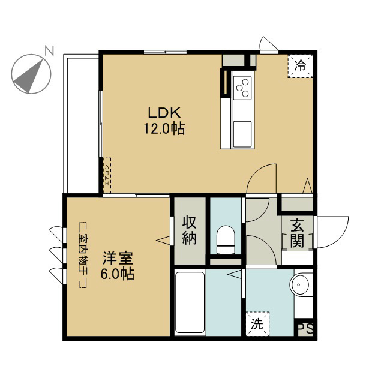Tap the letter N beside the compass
pyautogui.click(x=50, y=50)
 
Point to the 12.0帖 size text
pyautogui.click(x=163, y=128)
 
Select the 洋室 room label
pyautogui.click(x=118, y=260)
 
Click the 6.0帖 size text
pyautogui.click(x=118, y=275)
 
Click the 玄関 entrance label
pyautogui.click(x=297, y=233)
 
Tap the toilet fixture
pyautogui.click(x=226, y=238)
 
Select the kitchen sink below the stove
pyautogui.click(x=243, y=130)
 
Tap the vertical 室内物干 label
pyautogui.click(x=83, y=255)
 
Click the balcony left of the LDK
pyautogui.click(x=82, y=123)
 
